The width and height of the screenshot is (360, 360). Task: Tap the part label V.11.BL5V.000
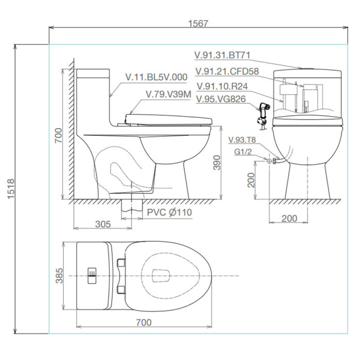tap(156, 77)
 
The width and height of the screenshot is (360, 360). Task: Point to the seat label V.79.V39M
tap(168, 95)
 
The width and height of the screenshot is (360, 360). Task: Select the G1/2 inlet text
tap(243, 152)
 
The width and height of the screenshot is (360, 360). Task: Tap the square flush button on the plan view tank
tap(92, 275)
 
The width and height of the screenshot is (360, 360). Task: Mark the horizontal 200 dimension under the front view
tap(290, 218)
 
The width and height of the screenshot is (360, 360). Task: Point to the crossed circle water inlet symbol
tap(268, 161)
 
